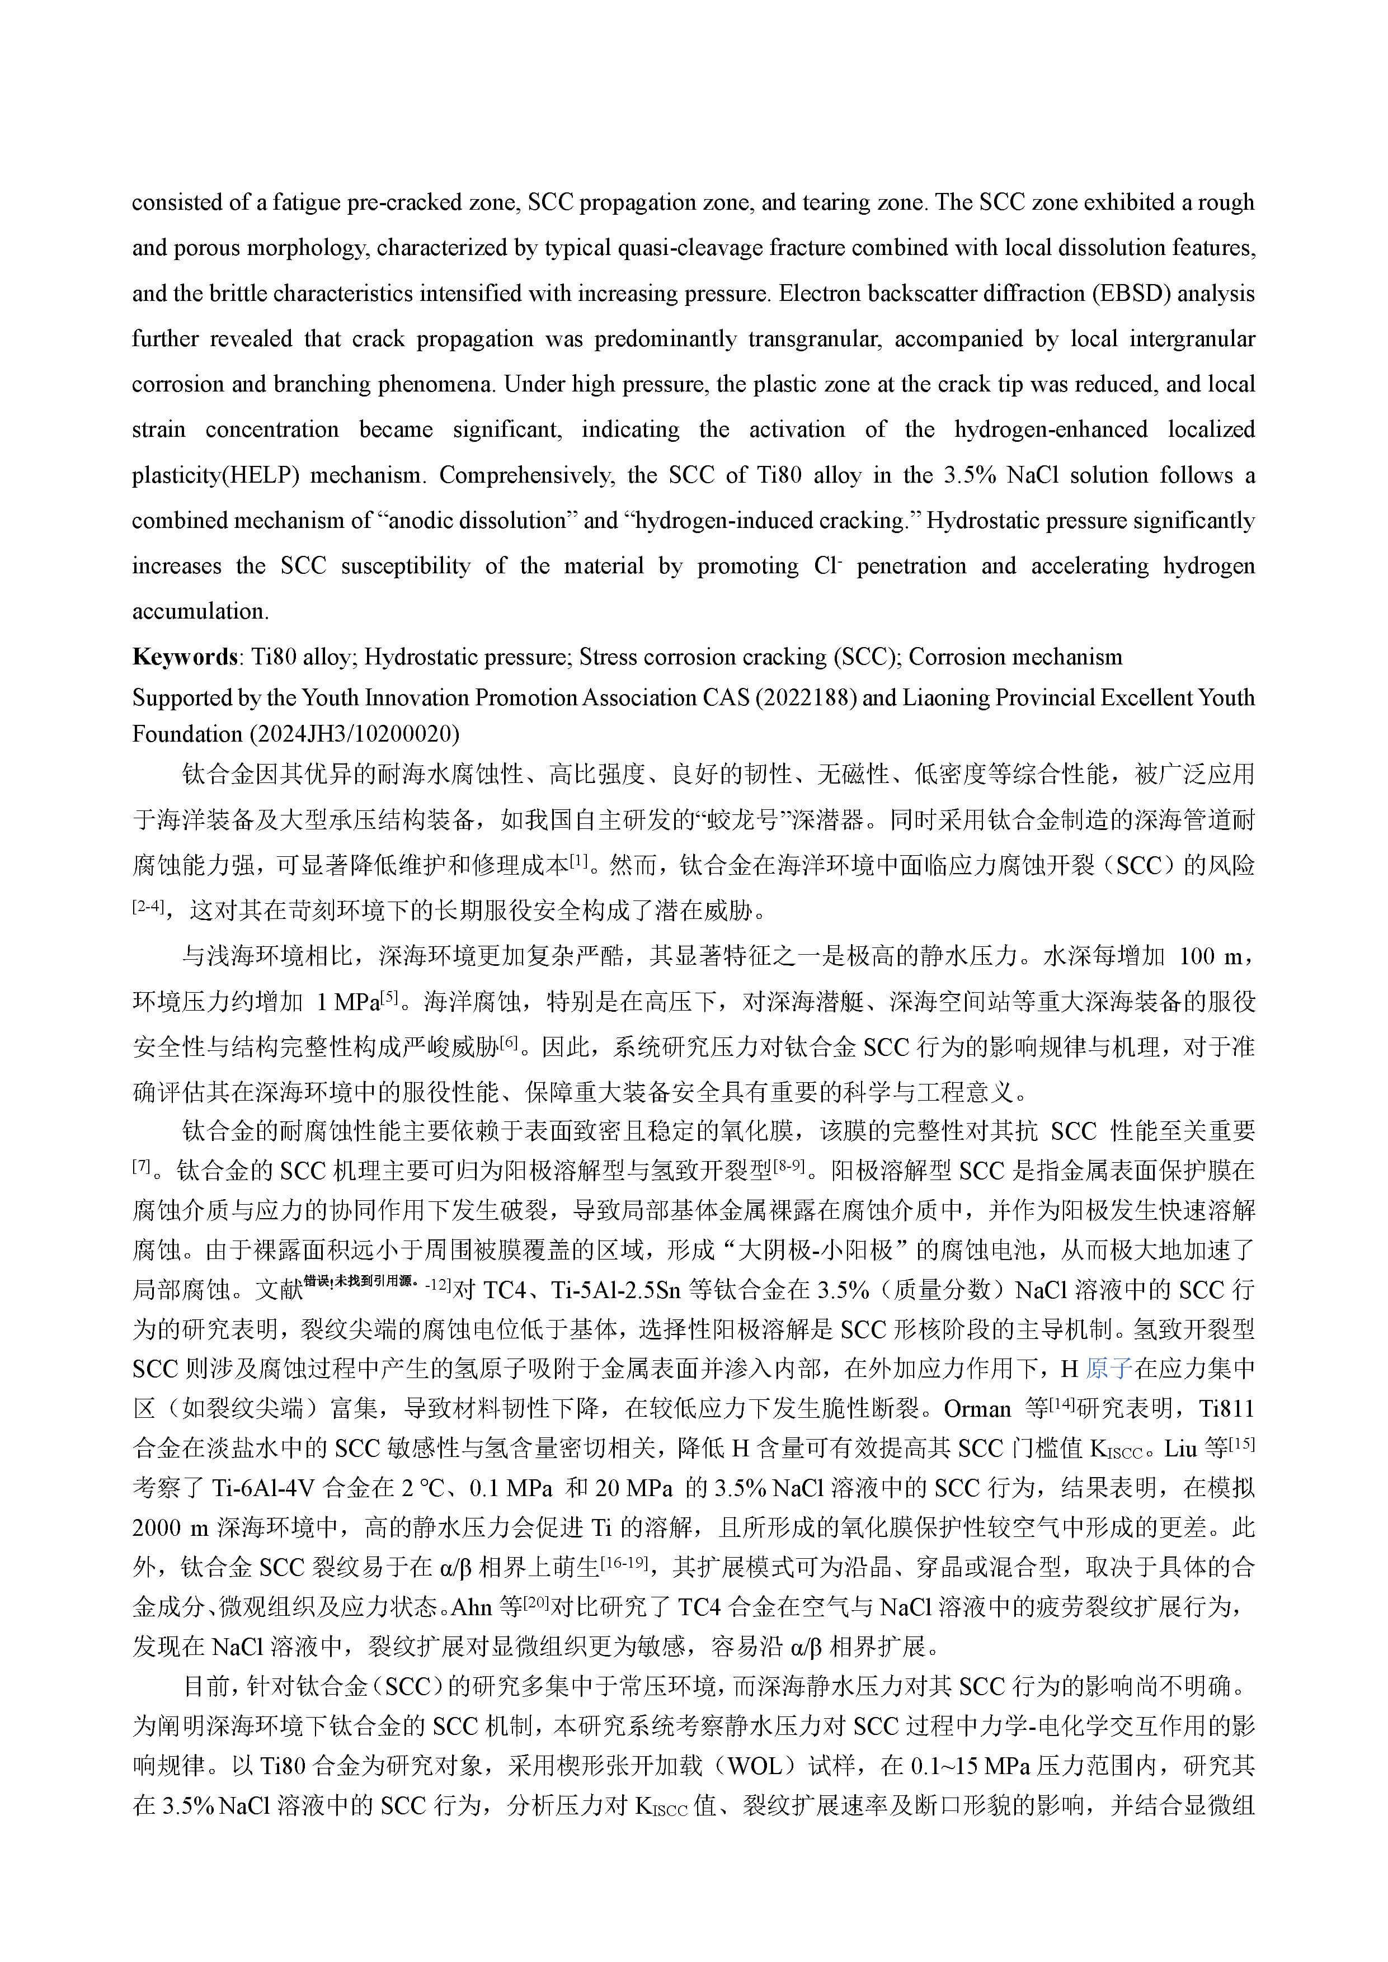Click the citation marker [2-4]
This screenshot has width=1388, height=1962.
coord(147,906)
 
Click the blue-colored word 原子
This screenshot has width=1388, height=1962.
coord(1108,1369)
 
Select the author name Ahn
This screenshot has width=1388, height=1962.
coord(471,1607)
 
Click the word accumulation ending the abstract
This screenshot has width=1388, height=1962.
coord(200,612)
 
